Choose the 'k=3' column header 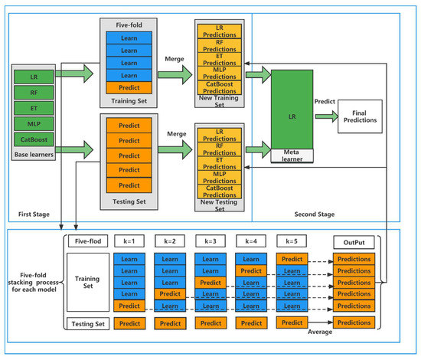(210, 241)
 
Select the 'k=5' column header (292, 241)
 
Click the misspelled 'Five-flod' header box (85, 241)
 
